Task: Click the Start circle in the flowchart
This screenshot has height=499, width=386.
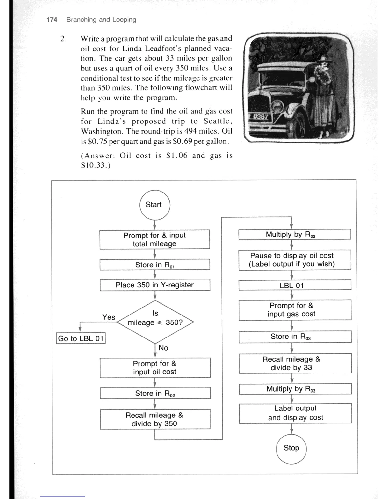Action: coord(155,205)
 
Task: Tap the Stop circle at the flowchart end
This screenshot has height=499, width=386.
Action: coord(291,448)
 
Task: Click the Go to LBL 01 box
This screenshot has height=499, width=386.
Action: coord(81,339)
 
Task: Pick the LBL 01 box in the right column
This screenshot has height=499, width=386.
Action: coord(295,285)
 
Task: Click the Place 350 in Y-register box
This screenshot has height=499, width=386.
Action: coord(155,285)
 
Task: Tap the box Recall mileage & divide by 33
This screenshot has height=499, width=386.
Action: coord(295,364)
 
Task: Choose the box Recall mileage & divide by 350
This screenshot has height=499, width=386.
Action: coord(155,419)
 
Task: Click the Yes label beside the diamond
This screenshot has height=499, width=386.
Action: coord(109,317)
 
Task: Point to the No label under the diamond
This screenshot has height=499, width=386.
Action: coord(163,348)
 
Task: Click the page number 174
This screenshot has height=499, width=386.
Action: coord(52,20)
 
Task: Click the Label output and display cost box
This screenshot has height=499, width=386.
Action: coord(295,413)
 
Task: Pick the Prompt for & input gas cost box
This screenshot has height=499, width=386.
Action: coord(295,310)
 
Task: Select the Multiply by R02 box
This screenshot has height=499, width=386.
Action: coord(295,234)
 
